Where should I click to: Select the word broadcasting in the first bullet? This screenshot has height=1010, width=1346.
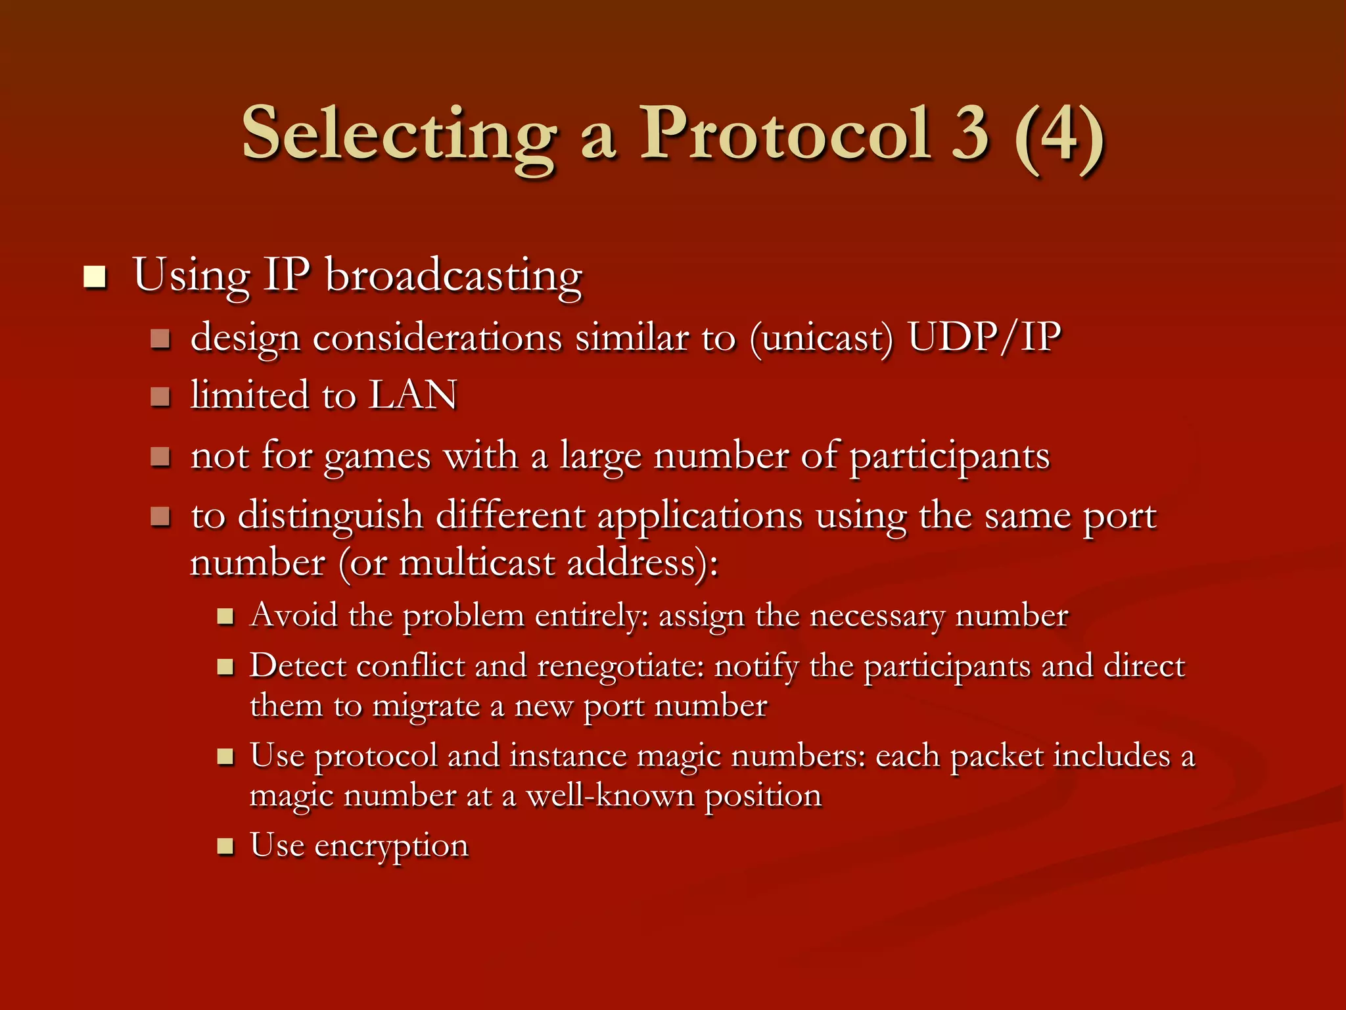tap(453, 276)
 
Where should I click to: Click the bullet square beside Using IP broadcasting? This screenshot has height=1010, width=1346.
tap(95, 277)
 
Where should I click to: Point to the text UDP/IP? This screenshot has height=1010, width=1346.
tap(984, 338)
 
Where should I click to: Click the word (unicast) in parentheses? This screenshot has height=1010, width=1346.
tap(822, 339)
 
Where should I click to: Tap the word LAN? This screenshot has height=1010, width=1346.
tap(413, 396)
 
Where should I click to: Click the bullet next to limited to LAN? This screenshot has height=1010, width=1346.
tap(160, 397)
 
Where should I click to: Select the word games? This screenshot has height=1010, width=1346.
tap(377, 456)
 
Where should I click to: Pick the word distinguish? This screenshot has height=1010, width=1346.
tap(330, 516)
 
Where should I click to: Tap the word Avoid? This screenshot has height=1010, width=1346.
tap(294, 615)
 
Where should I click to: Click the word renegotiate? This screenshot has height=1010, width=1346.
tap(621, 667)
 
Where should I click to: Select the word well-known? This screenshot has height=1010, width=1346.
tap(611, 796)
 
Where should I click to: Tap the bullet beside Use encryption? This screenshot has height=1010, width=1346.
tap(225, 846)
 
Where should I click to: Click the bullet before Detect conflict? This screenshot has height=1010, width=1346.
tap(225, 668)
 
